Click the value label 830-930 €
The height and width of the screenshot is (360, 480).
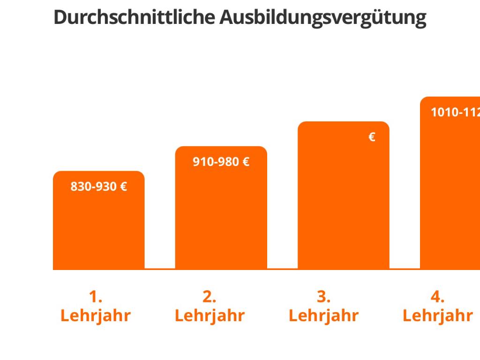point(98,187)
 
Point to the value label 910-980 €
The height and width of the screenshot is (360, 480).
point(221,162)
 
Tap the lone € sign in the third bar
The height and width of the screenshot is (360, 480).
point(372,137)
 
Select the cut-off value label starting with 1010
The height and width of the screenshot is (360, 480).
point(455,112)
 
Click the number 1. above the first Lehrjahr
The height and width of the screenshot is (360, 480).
point(95,297)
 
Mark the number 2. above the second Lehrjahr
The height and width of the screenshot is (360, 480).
point(209,297)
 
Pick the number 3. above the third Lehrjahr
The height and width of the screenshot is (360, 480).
point(323,297)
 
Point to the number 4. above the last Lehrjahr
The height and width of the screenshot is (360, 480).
point(437,297)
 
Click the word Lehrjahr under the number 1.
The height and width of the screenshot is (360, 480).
point(95,316)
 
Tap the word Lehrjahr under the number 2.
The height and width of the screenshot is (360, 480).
point(209,316)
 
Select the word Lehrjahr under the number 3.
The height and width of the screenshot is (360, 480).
point(323,316)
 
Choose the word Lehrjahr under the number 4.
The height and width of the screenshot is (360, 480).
point(437,316)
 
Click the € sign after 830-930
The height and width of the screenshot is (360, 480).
point(123,187)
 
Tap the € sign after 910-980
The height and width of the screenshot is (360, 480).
point(246,162)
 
